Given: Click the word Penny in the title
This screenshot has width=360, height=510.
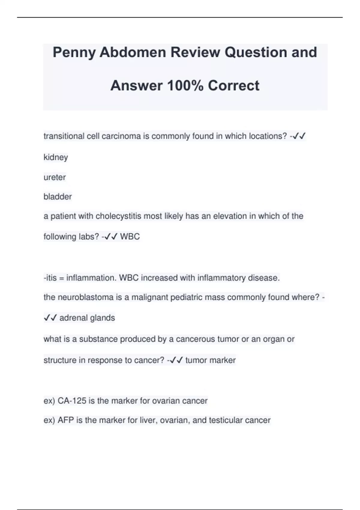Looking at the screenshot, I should [x=74, y=52].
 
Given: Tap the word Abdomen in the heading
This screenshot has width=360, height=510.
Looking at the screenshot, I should [x=133, y=52].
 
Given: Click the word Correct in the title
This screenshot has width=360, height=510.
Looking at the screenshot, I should [x=233, y=85].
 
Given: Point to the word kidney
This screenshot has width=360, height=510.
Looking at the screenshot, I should [x=56, y=157].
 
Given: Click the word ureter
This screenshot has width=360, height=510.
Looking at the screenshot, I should [x=55, y=177].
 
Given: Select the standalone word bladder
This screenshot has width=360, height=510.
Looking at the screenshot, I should [x=58, y=197].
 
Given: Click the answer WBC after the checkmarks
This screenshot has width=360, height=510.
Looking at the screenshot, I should [x=130, y=237].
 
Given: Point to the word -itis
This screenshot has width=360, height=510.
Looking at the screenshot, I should [x=50, y=278].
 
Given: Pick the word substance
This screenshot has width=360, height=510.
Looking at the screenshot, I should [x=98, y=339].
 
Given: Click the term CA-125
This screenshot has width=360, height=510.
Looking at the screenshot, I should [x=72, y=401].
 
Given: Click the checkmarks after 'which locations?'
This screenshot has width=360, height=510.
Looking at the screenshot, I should [x=299, y=136].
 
